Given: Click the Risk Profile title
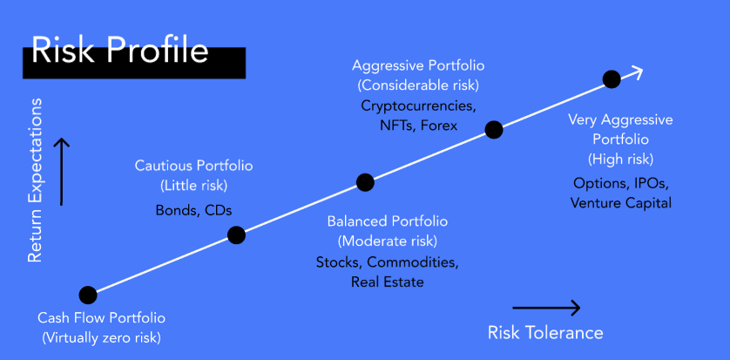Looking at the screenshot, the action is (119, 51).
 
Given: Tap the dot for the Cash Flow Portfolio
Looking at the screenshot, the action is (88, 295).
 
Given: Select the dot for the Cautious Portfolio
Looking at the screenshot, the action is (236, 235).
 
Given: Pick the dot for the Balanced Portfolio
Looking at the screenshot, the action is (365, 182).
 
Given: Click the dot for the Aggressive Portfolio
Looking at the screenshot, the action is (494, 130).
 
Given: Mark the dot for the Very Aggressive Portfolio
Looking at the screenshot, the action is (612, 79).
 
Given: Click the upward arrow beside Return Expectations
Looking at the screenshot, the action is (61, 172).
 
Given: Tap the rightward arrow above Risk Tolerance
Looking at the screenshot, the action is (546, 308).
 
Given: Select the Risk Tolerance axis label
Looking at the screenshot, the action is (545, 332).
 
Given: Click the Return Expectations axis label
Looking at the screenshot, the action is (35, 180).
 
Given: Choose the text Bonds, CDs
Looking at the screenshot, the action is (193, 210).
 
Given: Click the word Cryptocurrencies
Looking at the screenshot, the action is (418, 105).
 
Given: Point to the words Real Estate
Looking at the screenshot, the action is (388, 282).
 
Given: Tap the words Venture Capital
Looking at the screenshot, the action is (621, 203).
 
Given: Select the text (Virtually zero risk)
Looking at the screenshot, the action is (102, 337).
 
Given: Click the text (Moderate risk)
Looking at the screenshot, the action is (388, 241).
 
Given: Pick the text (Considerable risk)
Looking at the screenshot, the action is (418, 85).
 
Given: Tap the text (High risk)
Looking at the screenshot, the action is (620, 160).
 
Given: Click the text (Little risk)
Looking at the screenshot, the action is (193, 186).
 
